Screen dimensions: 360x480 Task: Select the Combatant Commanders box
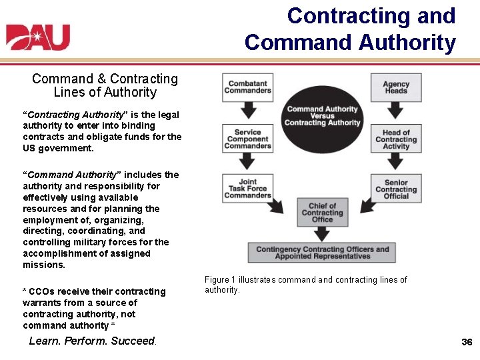[x=247, y=87]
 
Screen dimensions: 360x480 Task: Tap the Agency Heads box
[x=396, y=87]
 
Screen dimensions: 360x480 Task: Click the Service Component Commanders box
[x=247, y=139]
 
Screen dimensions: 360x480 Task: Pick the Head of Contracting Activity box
[x=396, y=139]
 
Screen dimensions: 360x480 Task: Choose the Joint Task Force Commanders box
[x=247, y=188]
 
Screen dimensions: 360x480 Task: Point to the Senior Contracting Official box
[x=396, y=188]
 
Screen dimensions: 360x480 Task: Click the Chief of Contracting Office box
[x=323, y=213]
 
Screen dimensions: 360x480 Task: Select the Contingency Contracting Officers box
[x=323, y=253]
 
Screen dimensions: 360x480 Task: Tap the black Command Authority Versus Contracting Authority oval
[x=323, y=116]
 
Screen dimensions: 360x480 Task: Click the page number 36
[x=467, y=342]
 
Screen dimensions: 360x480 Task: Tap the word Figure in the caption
[x=217, y=280]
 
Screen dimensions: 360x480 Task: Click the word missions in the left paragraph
[x=43, y=265]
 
